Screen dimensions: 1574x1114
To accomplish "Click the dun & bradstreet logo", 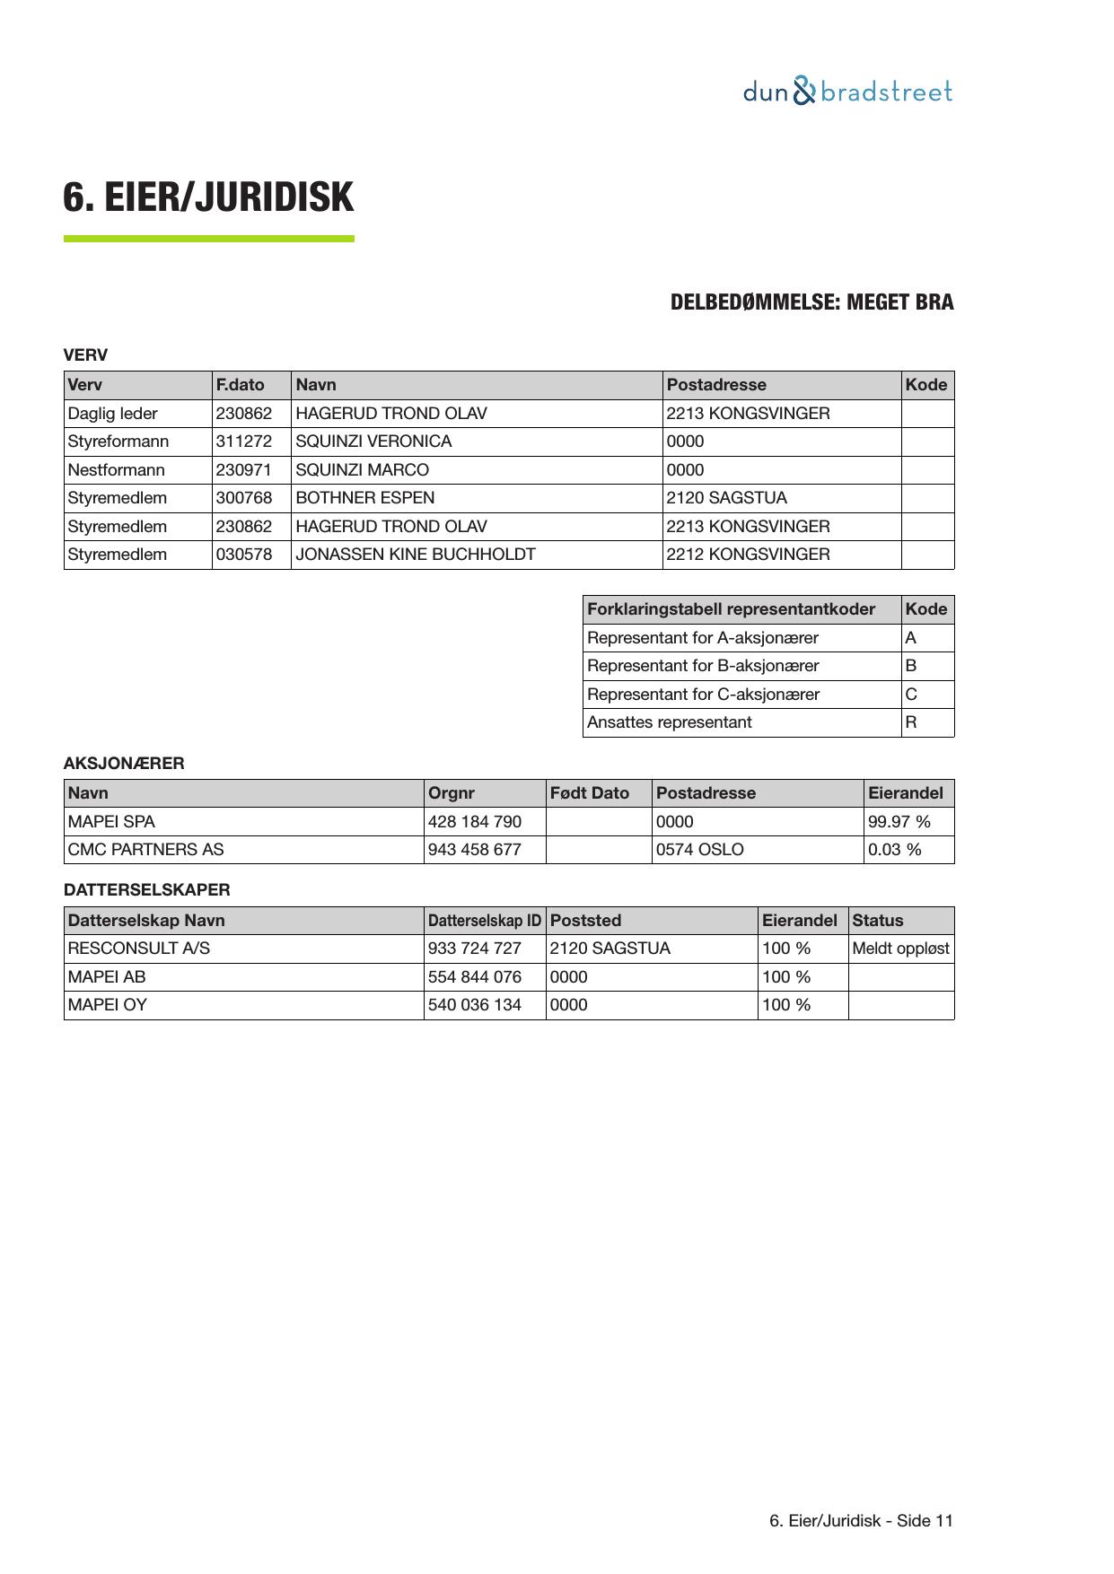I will point(847,92).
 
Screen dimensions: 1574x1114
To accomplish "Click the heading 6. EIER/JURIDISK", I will point(208,197).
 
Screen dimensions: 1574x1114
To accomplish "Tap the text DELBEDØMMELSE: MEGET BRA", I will point(811,302).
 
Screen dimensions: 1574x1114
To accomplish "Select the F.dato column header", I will point(241,385).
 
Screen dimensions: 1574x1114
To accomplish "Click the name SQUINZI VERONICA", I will point(373,442).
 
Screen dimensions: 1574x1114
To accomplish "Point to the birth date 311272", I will point(244,442).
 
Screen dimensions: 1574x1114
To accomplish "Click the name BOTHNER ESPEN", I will point(364,498).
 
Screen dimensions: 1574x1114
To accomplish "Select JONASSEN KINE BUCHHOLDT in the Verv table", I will point(416,555).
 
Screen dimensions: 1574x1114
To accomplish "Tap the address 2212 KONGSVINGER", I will point(748,555).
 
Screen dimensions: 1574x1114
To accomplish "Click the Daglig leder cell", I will point(113,414).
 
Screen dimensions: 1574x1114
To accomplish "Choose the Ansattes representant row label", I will point(670,722).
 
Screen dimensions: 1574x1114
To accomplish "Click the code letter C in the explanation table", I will point(911,695).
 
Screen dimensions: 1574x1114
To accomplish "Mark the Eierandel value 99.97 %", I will point(899,822).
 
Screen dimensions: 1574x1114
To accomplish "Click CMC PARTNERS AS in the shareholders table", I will point(146,850).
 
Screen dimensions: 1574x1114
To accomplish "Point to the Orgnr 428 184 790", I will point(475,822).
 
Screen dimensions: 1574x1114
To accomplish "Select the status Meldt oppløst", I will point(900,949).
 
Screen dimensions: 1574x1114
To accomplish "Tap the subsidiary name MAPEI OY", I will point(108,1005).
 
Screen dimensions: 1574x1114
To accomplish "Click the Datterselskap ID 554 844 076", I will point(475,977).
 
